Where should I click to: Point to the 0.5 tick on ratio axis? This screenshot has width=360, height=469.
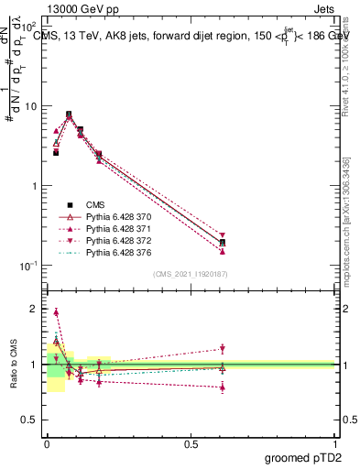coord(30,420)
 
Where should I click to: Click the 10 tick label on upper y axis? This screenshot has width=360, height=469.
coord(30,106)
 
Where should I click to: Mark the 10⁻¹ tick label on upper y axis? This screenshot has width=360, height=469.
coord(28,266)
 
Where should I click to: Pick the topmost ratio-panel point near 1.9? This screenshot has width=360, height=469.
coord(56,312)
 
